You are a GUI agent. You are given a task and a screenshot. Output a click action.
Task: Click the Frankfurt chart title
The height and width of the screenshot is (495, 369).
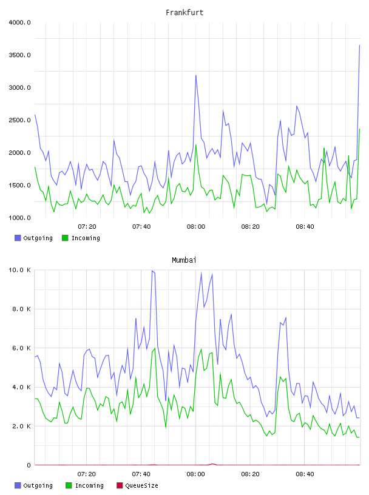184,12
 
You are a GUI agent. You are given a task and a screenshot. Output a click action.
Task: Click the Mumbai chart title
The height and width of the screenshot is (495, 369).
184,260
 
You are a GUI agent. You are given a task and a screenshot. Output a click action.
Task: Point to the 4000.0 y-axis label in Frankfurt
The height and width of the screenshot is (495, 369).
19,22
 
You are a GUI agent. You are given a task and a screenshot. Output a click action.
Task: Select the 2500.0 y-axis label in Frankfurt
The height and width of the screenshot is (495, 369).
19,120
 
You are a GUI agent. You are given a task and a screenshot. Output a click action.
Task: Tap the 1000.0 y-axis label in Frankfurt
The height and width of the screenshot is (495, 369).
19,218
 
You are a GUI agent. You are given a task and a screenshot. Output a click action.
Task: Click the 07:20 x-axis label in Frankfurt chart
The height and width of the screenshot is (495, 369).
87,226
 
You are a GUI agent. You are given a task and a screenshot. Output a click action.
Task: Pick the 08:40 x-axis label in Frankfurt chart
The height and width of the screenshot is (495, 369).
305,226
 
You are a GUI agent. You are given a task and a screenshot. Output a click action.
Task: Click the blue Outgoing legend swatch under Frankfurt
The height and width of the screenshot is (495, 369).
18,238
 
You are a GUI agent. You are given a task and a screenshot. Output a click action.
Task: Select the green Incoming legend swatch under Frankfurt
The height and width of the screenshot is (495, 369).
65,238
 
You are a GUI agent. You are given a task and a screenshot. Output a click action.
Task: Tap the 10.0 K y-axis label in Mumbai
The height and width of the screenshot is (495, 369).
19,270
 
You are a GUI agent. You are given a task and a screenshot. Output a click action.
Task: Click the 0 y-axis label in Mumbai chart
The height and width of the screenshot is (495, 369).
29,465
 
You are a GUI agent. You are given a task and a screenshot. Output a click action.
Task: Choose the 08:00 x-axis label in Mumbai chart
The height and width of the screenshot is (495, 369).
196,474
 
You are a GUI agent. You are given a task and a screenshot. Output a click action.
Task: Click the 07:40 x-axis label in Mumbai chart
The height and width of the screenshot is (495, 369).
141,474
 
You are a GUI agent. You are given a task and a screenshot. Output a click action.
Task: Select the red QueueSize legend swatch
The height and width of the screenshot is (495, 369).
120,485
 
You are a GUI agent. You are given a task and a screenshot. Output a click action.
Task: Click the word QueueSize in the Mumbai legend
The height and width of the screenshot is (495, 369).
141,485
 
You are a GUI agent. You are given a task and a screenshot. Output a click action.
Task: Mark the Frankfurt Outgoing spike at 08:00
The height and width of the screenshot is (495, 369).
196,75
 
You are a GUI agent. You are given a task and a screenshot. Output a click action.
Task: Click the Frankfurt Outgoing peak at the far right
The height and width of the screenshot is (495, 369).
359,45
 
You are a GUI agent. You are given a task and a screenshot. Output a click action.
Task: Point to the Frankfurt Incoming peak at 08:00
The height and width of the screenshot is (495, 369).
196,145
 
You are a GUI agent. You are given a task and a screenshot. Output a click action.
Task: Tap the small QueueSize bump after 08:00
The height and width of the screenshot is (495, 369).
212,463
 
